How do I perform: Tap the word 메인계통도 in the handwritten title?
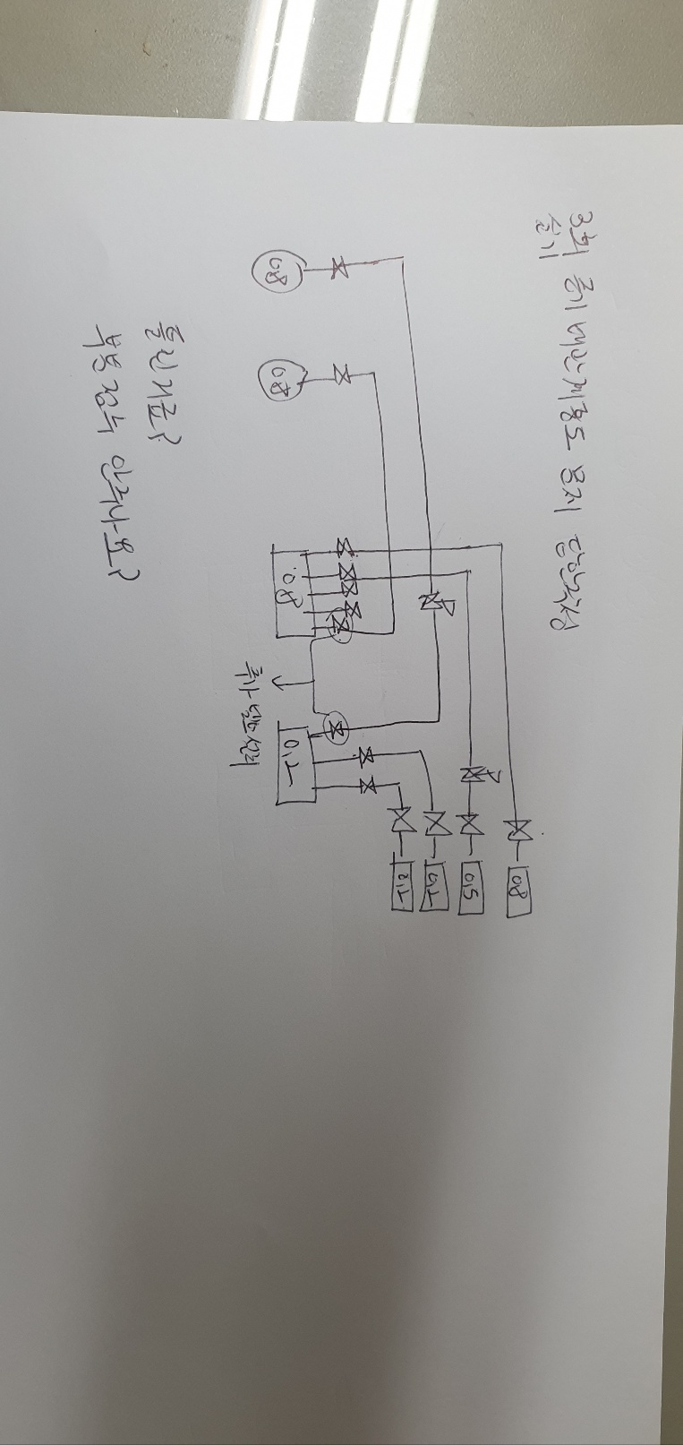(551, 394)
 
